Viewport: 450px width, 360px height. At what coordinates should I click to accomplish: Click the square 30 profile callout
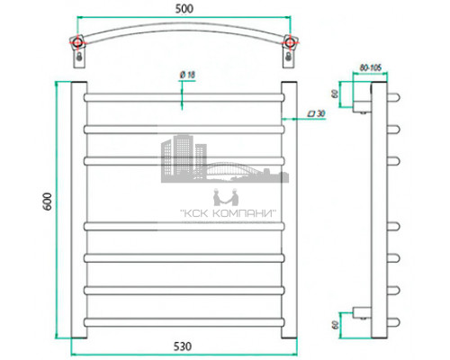click(x=316, y=113)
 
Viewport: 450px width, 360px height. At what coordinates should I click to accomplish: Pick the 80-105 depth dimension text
click(x=371, y=66)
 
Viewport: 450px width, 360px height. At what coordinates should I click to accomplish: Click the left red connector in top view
click(x=79, y=42)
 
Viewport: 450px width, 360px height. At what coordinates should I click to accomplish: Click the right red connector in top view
click(x=289, y=42)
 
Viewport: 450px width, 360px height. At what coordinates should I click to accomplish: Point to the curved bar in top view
click(x=184, y=33)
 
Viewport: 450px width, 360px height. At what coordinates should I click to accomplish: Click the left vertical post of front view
click(x=77, y=207)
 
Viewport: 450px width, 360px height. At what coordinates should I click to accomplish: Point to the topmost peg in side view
click(x=393, y=97)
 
